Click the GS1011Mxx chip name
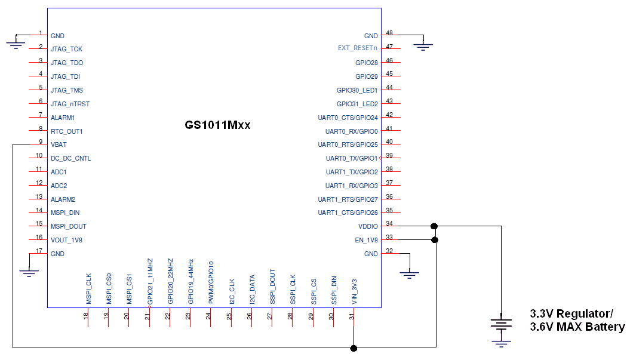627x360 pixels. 217,126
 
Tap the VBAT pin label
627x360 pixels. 59,144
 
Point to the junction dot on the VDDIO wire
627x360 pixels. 434,226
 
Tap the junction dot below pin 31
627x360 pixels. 354,347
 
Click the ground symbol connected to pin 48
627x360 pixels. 423,45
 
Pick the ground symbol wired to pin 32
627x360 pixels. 409,275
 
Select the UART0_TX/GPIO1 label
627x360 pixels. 352,158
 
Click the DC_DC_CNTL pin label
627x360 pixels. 70,158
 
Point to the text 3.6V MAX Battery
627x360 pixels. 577,327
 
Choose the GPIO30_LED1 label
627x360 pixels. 357,90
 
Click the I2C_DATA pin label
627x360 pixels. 252,290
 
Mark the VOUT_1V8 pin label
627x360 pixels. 67,240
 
